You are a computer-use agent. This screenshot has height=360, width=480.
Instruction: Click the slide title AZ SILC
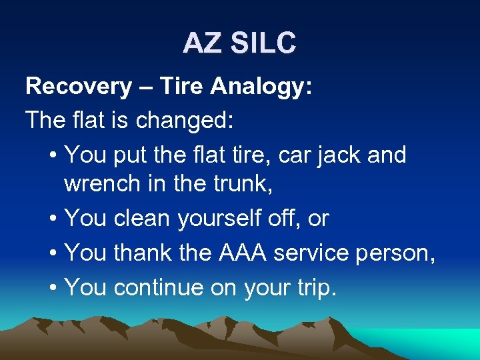[239, 43]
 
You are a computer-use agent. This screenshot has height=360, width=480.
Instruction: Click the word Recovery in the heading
[79, 87]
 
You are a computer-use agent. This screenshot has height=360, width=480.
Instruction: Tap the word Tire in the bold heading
[183, 87]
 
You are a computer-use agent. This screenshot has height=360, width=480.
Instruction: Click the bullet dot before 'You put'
[53, 156]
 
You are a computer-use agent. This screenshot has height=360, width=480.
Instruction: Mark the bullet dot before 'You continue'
[53, 287]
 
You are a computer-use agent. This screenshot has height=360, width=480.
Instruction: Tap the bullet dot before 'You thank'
[53, 253]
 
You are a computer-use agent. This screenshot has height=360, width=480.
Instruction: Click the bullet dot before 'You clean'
[53, 219]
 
